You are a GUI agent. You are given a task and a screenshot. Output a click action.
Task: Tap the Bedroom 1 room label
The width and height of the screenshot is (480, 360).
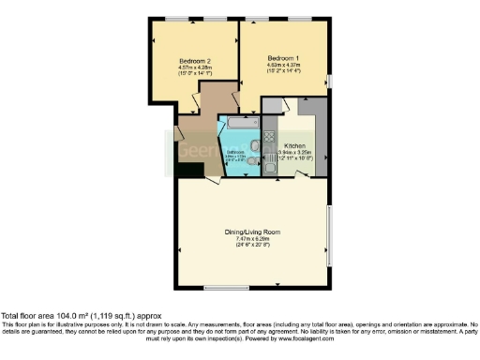pyautogui.click(x=282, y=55)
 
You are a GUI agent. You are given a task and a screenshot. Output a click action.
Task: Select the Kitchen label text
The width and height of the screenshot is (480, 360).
pyautogui.click(x=295, y=146)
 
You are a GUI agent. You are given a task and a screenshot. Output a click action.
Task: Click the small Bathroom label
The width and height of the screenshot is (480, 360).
pyautogui.click(x=234, y=152)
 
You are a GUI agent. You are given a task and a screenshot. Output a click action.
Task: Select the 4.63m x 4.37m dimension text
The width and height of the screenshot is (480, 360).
pyautogui.click(x=282, y=62)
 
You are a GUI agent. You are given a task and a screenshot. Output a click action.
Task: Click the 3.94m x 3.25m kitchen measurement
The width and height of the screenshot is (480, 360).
pyautogui.click(x=295, y=153)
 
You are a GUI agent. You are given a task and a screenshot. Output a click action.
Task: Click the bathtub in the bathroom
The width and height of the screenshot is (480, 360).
pyautogui.click(x=239, y=124)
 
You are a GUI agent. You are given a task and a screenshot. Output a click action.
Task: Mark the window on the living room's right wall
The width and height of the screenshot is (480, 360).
pyautogui.click(x=329, y=230)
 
